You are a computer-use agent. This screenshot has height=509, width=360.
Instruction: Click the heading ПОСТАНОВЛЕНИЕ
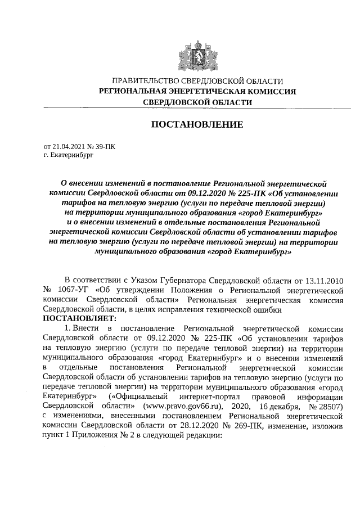(x=197, y=124)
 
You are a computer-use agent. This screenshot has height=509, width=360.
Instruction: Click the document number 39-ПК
(x=103, y=145)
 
